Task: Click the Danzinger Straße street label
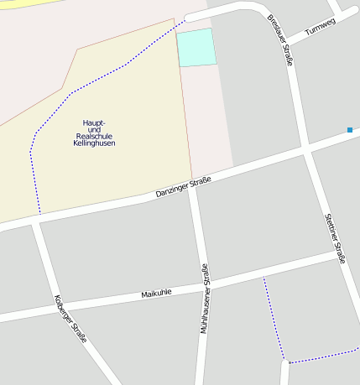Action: tap(183, 188)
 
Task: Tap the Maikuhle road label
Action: tap(156, 293)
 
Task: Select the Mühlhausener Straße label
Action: tap(204, 299)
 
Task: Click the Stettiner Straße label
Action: tap(335, 238)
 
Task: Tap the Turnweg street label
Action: tap(320, 27)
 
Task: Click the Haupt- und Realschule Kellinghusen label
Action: tap(94, 133)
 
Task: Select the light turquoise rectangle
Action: tap(196, 47)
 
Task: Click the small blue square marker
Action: tap(349, 129)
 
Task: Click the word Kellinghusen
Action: tap(94, 143)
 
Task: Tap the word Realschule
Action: tap(94, 136)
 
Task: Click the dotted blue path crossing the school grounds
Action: tap(84, 84)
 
